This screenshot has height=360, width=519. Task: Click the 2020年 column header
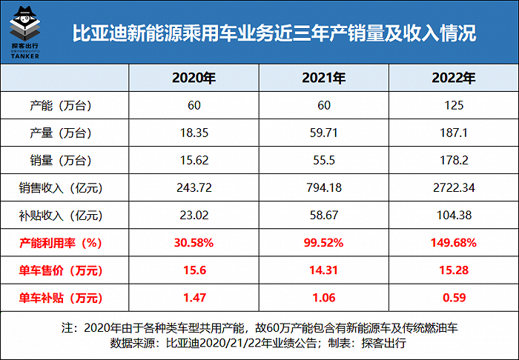[x=194, y=78]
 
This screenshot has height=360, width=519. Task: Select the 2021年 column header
[x=323, y=78]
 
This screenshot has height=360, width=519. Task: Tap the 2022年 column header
[x=453, y=78]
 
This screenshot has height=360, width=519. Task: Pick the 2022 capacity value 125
[x=453, y=105]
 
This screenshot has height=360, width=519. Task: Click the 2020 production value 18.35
[x=194, y=133]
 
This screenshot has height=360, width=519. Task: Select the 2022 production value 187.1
[x=453, y=133]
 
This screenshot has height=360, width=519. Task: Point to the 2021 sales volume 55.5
[x=323, y=160]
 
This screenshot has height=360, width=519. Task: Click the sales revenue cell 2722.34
[x=453, y=188]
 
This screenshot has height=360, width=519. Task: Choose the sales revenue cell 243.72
[x=194, y=188]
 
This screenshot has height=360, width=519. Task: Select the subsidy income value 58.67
[x=323, y=216]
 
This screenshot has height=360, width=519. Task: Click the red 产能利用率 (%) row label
[x=61, y=243]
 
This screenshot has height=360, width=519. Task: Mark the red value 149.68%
[x=453, y=243]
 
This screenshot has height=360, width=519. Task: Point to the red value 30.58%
[x=194, y=243]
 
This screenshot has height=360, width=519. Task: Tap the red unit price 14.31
[x=323, y=271]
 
